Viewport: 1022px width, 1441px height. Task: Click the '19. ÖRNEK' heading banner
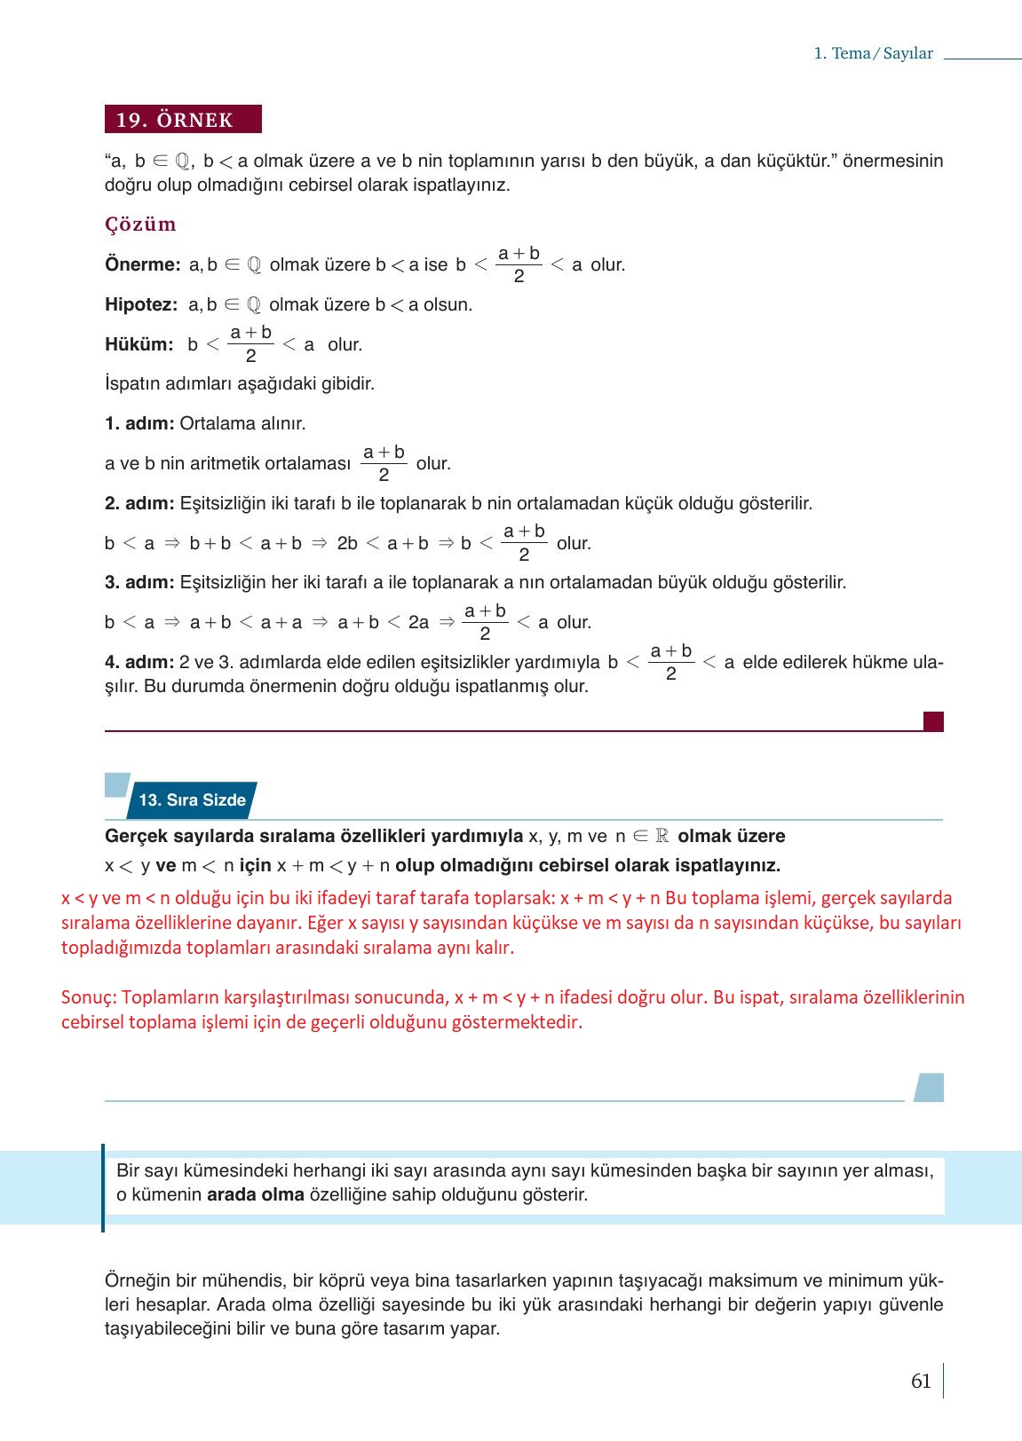pos(183,120)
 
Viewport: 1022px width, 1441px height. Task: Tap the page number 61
pos(921,1381)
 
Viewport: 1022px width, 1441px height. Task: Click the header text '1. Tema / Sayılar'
pos(873,53)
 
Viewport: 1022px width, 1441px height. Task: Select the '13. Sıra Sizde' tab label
pos(193,800)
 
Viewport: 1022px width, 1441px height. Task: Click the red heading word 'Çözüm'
pos(140,224)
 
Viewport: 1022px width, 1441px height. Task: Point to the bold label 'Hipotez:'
pos(141,305)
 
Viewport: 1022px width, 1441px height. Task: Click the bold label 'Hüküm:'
pos(139,345)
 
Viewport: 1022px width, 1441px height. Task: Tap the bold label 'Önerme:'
pos(142,265)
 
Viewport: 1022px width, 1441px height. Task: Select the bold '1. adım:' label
pos(139,424)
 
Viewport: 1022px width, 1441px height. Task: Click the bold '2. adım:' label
pos(139,504)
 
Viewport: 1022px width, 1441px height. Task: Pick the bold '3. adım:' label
pos(139,583)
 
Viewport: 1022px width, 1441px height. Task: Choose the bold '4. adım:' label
pos(139,663)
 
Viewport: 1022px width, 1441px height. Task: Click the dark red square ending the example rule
pos(933,721)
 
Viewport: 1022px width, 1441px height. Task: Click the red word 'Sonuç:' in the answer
pos(89,997)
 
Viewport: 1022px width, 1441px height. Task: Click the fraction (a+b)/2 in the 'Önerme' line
pos(519,264)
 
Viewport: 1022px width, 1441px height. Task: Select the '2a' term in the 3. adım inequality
pos(418,623)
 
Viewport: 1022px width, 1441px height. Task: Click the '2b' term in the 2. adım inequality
pos(347,544)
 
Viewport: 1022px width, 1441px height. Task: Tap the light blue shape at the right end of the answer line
pos(929,1087)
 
